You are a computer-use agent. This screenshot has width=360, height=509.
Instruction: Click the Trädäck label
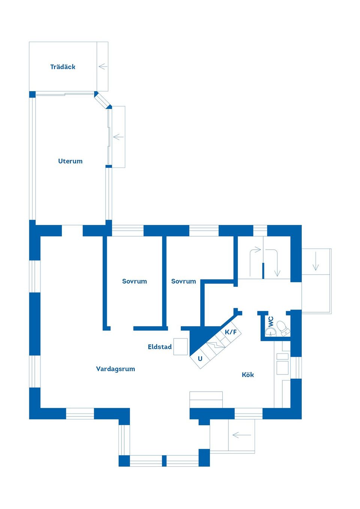pos(63,67)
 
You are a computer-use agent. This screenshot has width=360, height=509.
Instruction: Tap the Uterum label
pos(70,161)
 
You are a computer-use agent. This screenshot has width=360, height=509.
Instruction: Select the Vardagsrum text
pos(115,368)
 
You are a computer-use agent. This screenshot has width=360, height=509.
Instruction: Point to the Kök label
pos(248,374)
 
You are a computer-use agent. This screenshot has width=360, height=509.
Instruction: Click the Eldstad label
pos(160,347)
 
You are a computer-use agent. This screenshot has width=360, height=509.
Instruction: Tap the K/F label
pos(231,332)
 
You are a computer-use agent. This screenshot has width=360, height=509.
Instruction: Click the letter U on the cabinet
pos(200,359)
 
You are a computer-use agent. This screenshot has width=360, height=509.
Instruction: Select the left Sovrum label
pos(135,281)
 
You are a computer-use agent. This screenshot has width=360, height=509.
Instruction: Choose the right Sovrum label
pos(184,281)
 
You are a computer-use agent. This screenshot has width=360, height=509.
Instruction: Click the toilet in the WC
pos(283,328)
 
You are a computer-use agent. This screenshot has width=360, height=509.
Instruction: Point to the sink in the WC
pos(271,332)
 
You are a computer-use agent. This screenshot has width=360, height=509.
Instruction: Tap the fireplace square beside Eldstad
pos(181,347)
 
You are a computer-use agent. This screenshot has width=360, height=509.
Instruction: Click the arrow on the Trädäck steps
pos(103,67)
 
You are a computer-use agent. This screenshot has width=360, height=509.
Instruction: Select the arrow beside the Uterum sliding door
pos(118,137)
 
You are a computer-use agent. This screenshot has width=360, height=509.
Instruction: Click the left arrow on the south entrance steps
pos(241,435)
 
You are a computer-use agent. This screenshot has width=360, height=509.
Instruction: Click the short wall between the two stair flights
pos(263,271)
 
